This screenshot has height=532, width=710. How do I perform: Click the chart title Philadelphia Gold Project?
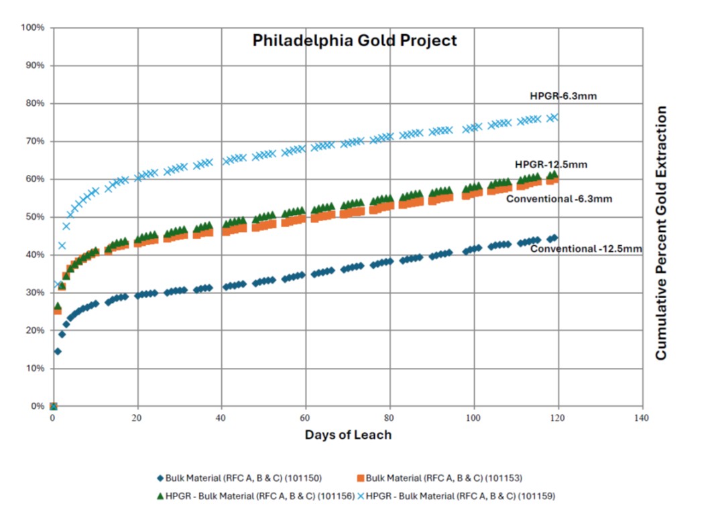point(355,40)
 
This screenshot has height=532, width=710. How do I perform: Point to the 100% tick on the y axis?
point(33,27)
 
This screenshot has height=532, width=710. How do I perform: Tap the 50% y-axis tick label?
point(35,217)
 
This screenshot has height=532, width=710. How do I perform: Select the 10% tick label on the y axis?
point(35,369)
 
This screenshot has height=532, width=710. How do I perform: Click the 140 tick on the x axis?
point(642,418)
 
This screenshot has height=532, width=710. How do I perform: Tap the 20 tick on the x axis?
point(137,418)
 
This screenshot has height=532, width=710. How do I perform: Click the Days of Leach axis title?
point(348,435)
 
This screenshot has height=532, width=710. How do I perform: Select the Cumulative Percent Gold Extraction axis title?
point(662,232)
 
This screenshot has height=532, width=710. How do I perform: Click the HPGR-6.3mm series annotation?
point(563,96)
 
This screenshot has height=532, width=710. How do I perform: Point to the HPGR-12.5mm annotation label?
point(547,165)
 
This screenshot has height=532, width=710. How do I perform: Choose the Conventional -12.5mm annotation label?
point(586,249)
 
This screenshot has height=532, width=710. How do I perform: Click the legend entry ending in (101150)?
point(244,478)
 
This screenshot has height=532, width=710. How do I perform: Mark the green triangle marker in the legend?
point(159,496)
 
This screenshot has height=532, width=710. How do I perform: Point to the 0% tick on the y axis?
point(37,406)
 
